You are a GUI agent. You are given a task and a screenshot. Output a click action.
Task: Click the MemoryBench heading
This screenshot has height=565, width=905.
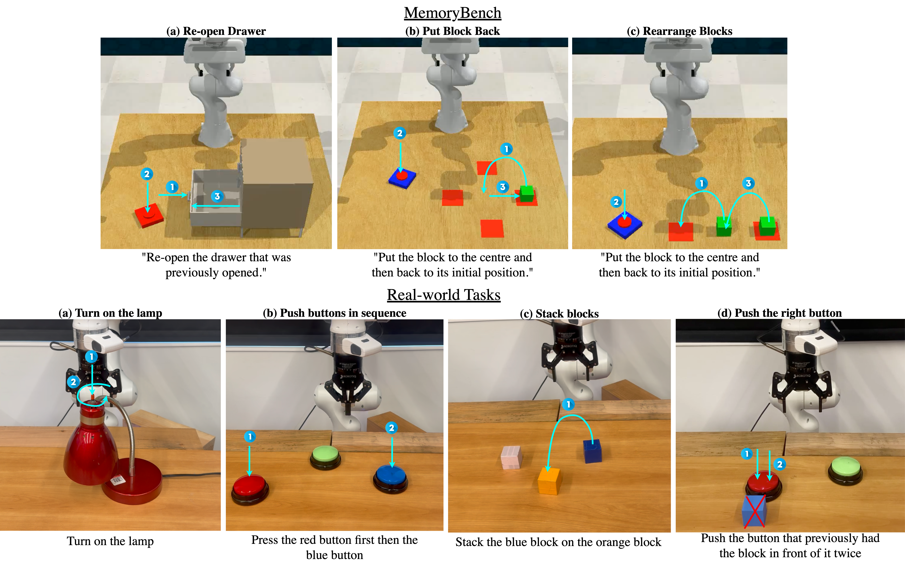(x=452, y=13)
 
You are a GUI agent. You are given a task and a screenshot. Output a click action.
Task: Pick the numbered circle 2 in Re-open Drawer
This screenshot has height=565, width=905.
(x=147, y=174)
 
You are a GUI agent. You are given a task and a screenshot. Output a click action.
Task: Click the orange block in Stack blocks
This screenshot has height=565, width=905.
(x=550, y=481)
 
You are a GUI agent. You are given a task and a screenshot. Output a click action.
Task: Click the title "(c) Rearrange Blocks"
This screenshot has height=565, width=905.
(x=680, y=31)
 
